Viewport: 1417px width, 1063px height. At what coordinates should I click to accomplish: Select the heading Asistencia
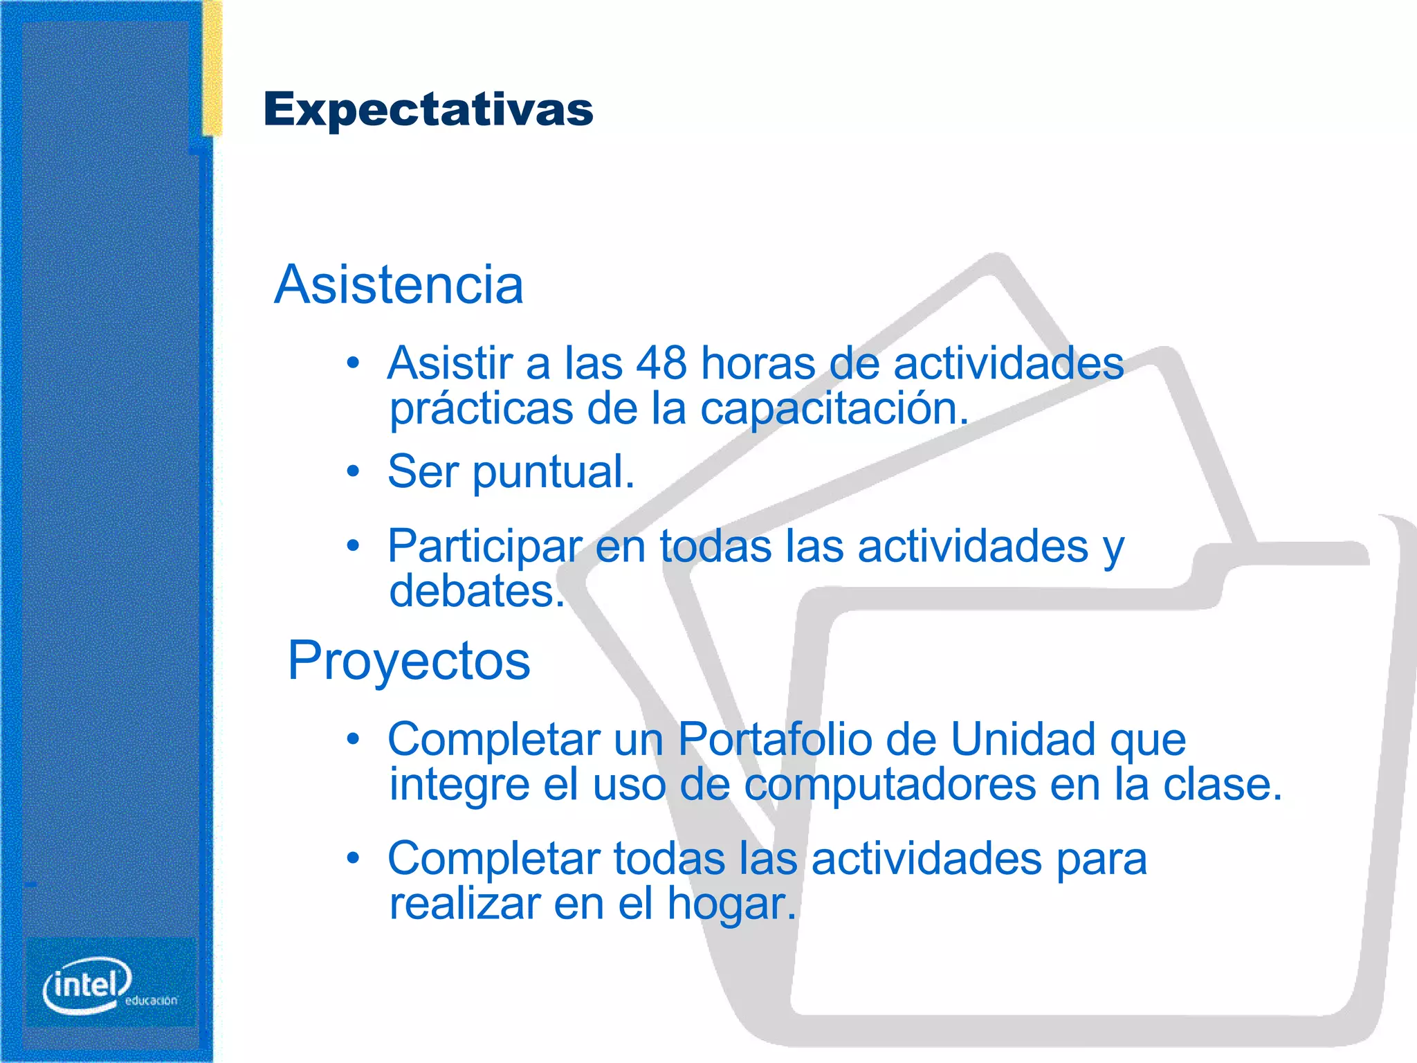point(399,284)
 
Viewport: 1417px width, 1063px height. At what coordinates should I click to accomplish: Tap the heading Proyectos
point(409,660)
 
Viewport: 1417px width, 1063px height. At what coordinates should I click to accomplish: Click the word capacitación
point(833,409)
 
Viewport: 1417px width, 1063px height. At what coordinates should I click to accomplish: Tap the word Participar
point(484,547)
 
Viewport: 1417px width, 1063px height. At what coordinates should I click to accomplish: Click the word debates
point(476,592)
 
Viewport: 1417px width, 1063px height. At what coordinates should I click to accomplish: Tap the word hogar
point(731,905)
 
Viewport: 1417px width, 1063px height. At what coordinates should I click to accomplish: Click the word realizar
point(464,903)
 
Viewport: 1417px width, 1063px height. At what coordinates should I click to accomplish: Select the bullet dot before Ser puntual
point(354,472)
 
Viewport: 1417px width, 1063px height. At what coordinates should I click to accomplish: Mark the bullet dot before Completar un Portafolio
point(354,739)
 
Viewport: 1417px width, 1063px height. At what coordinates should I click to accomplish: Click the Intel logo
point(87,984)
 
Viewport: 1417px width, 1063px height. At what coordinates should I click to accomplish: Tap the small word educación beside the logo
point(151,1001)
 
